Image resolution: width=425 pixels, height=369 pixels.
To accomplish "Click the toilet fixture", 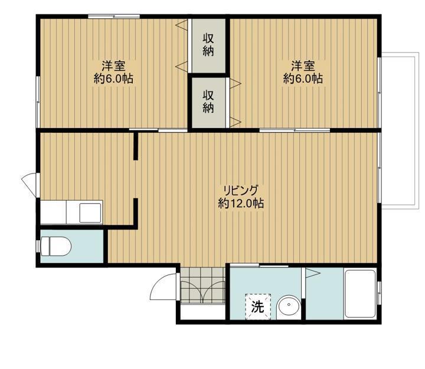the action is [x=55, y=246].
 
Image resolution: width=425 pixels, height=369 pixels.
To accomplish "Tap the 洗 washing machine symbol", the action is [x=258, y=306].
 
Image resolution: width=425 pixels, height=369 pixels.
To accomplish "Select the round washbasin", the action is [x=289, y=308].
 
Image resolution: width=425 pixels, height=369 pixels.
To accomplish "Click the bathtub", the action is [x=360, y=293].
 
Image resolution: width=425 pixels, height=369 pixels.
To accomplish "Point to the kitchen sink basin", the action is [x=90, y=213].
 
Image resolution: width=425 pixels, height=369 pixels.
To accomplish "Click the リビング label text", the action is [x=240, y=190].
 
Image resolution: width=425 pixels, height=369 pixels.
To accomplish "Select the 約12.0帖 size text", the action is [x=241, y=203].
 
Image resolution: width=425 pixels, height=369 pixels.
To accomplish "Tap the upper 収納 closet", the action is [x=208, y=45].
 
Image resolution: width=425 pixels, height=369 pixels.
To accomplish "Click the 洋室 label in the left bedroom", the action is [x=113, y=66].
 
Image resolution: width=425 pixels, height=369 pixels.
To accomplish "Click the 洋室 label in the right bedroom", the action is [x=303, y=66].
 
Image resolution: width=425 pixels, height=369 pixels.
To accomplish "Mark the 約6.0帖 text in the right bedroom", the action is [x=303, y=79].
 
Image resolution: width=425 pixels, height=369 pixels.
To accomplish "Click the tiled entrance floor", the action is [x=202, y=285].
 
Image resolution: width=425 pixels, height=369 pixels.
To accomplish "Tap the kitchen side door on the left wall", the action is [x=30, y=185].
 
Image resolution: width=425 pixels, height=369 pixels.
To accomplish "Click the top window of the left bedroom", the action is [x=114, y=17].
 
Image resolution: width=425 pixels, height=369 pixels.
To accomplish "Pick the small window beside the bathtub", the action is [x=380, y=292].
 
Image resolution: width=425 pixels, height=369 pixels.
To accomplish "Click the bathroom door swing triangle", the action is [x=312, y=273].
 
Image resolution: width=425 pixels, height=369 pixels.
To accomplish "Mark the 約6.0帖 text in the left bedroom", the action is [x=113, y=79].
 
